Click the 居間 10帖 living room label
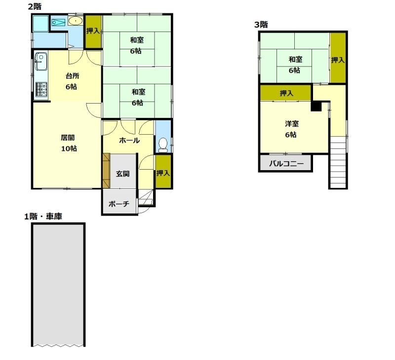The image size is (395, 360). tap(69, 143)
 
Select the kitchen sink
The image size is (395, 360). tap(41, 62)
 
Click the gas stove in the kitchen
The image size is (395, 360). tap(41, 90)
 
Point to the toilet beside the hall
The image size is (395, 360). tap(163, 145)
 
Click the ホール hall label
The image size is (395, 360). tap(129, 141)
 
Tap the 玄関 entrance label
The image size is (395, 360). tap(122, 174)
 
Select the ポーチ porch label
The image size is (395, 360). tap(119, 204)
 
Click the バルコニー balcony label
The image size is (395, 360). tap(286, 164)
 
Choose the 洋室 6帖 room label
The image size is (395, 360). tap(292, 129)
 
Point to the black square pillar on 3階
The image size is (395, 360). tap(316, 106)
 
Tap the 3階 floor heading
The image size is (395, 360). tap(261, 25)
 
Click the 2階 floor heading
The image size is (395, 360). tap(35, 6)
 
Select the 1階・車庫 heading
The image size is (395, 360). tap(43, 216)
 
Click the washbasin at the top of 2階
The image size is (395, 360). tap(75, 21)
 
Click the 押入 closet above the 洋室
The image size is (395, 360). tap(286, 93)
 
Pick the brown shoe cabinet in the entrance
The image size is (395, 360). tap(107, 171)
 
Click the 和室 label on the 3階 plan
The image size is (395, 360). tap(295, 60)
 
